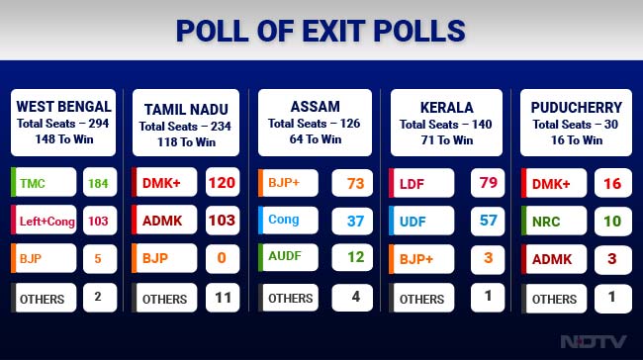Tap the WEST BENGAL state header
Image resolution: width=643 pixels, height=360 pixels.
click(x=64, y=106)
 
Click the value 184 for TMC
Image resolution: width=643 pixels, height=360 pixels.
click(x=97, y=183)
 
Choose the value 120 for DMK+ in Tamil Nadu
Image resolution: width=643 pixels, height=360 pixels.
click(x=222, y=183)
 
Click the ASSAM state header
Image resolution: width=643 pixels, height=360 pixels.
click(x=315, y=106)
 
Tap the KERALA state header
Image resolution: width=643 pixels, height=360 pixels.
click(x=446, y=106)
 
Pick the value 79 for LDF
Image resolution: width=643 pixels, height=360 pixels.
click(x=488, y=183)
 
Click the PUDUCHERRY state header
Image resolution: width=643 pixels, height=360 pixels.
click(x=578, y=106)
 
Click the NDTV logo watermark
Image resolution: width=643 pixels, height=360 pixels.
click(x=594, y=342)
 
